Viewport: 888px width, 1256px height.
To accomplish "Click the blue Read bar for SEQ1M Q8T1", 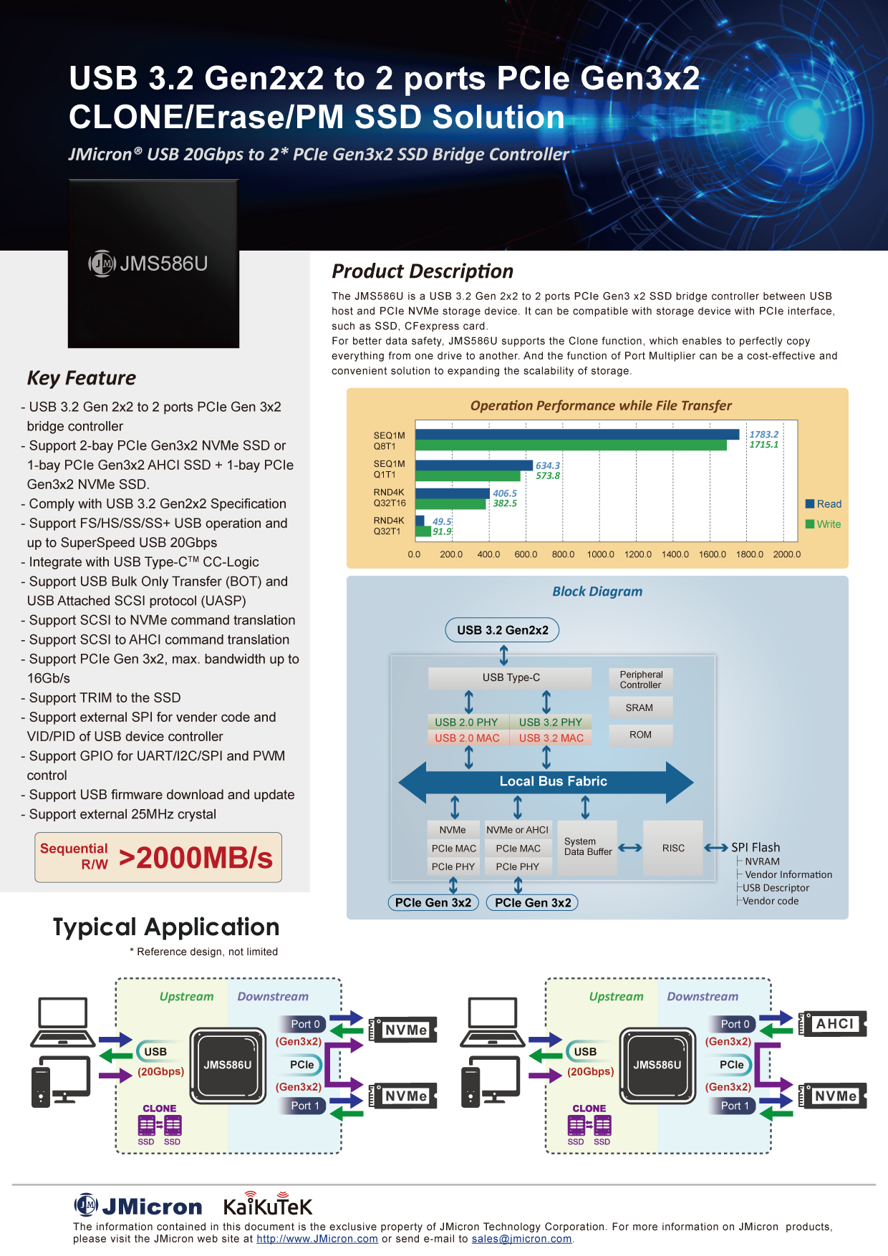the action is pyautogui.click(x=577, y=434).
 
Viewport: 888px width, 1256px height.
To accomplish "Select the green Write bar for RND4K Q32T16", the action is pyautogui.click(x=451, y=503).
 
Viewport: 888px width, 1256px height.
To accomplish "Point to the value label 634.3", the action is pyautogui.click(x=548, y=465).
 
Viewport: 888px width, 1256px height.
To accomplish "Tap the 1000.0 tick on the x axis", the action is pyautogui.click(x=601, y=554).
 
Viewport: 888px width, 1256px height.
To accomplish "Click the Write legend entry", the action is pyautogui.click(x=824, y=524).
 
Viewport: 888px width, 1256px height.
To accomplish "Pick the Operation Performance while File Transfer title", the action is pyautogui.click(x=601, y=405).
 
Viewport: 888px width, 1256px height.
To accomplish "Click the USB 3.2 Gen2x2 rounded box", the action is pyautogui.click(x=503, y=630).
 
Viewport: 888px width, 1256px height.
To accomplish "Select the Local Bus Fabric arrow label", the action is pyautogui.click(x=553, y=781).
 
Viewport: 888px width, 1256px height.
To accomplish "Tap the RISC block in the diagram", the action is pyautogui.click(x=673, y=848).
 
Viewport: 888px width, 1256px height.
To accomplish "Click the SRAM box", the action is pyautogui.click(x=640, y=707).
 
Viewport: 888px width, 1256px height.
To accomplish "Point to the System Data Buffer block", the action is pyautogui.click(x=587, y=847).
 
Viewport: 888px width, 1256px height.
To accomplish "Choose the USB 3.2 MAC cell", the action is pyautogui.click(x=551, y=738).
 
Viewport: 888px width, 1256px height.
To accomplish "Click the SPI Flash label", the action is pyautogui.click(x=756, y=847).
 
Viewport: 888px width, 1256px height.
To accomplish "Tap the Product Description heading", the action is pyautogui.click(x=423, y=271).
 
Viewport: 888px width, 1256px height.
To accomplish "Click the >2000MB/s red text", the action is pyautogui.click(x=196, y=858).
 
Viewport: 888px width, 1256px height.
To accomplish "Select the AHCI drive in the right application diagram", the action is pyautogui.click(x=834, y=1024).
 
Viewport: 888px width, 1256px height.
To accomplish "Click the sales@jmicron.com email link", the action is pyautogui.click(x=521, y=1239).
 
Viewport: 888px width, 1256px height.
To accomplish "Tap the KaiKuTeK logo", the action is pyautogui.click(x=268, y=1205).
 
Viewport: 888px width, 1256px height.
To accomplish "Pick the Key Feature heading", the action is pyautogui.click(x=82, y=378).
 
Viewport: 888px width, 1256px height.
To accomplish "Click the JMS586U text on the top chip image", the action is pyautogui.click(x=163, y=264).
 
